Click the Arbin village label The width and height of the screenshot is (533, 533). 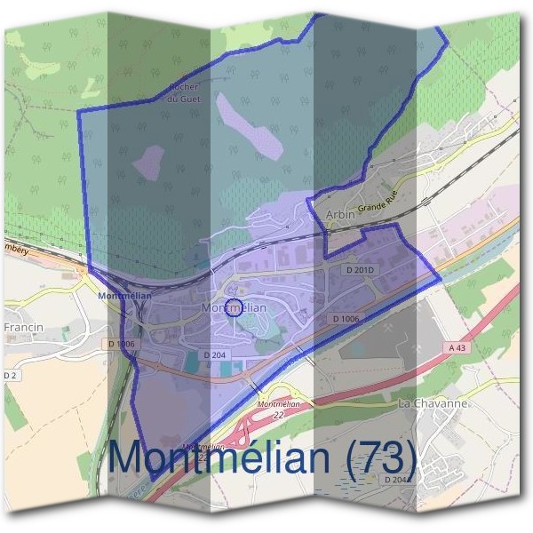340,214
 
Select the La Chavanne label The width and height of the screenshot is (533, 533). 433,404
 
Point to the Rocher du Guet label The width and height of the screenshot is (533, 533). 186,93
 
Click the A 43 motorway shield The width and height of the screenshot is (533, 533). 457,348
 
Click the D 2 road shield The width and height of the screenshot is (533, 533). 11,377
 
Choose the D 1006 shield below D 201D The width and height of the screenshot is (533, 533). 346,318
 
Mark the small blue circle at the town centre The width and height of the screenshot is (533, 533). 233,308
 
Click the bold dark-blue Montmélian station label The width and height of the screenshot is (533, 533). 125,295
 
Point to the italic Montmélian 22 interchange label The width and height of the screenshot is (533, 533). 274,409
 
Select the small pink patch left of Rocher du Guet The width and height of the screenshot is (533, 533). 148,161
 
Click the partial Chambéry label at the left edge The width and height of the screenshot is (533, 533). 15,251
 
